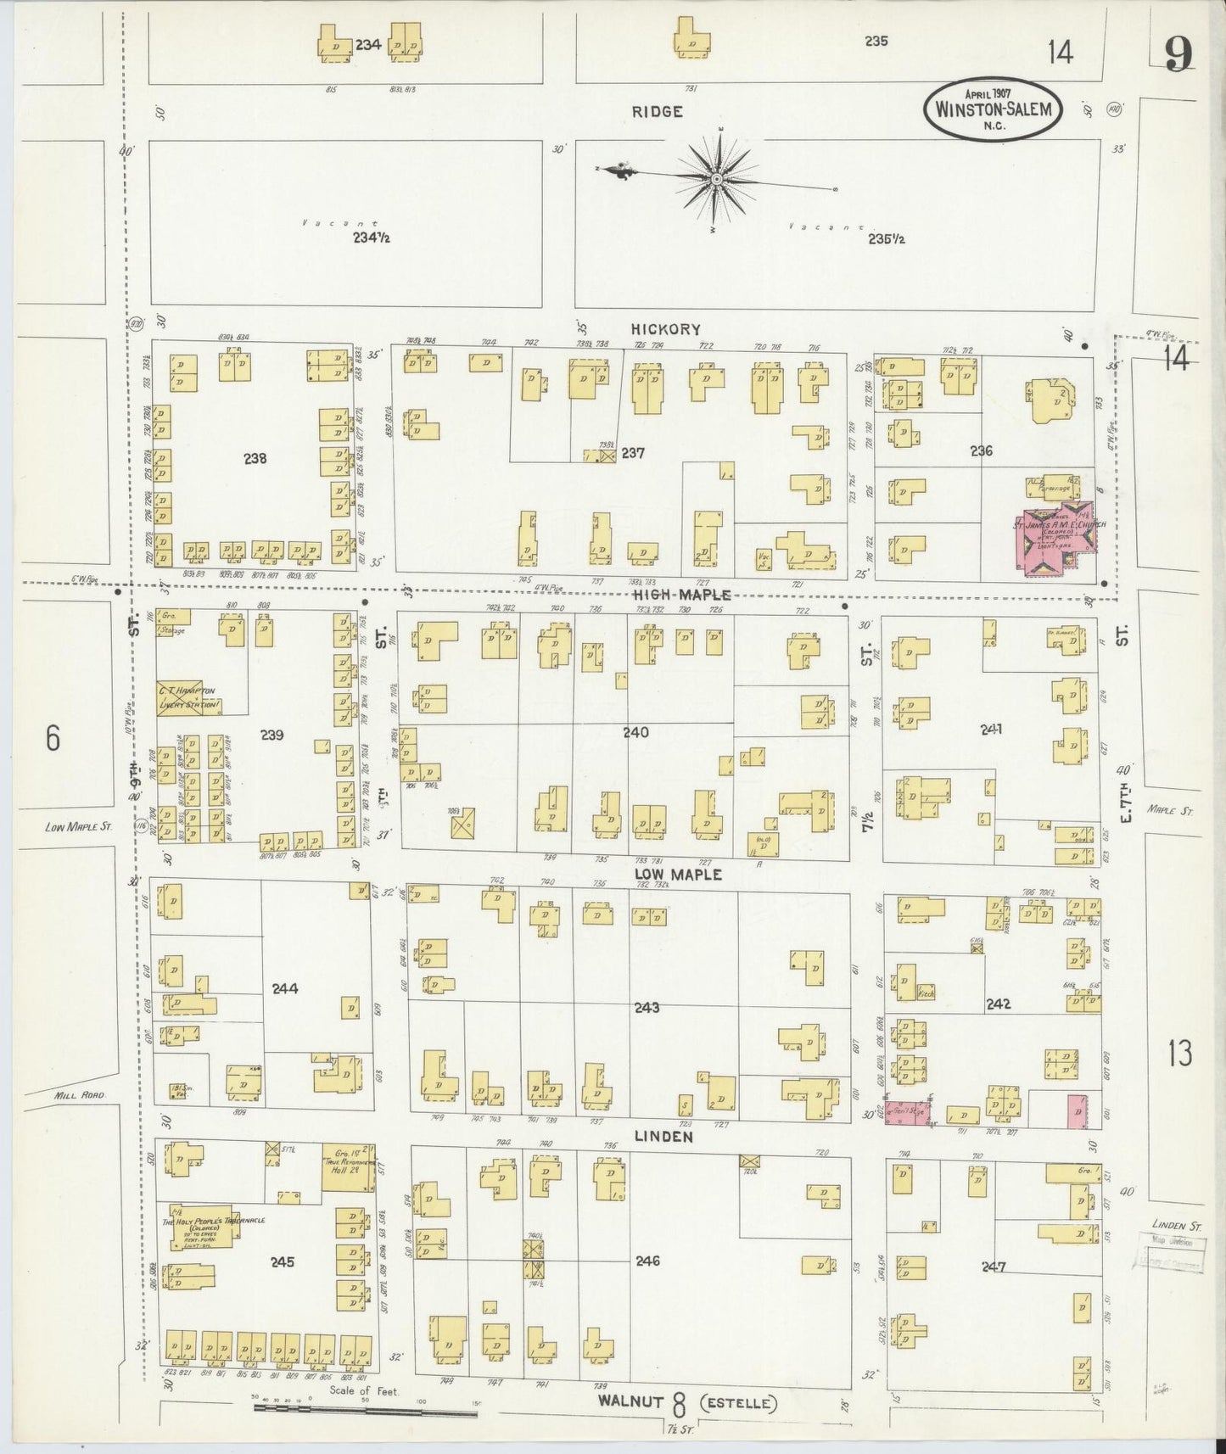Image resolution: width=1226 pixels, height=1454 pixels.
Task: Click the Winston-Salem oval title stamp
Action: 993,109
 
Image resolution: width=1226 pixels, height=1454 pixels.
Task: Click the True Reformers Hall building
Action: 348,1166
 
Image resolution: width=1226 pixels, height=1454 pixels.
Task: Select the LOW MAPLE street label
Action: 678,874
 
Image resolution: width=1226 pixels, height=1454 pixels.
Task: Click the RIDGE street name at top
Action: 657,112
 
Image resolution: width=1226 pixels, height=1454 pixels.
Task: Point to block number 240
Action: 635,732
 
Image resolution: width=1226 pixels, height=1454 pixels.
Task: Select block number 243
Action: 647,1008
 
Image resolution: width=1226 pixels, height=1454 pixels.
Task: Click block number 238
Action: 255,459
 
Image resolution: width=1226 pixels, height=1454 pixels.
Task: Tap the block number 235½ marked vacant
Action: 886,239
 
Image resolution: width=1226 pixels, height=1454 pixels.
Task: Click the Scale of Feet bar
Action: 365,1413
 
